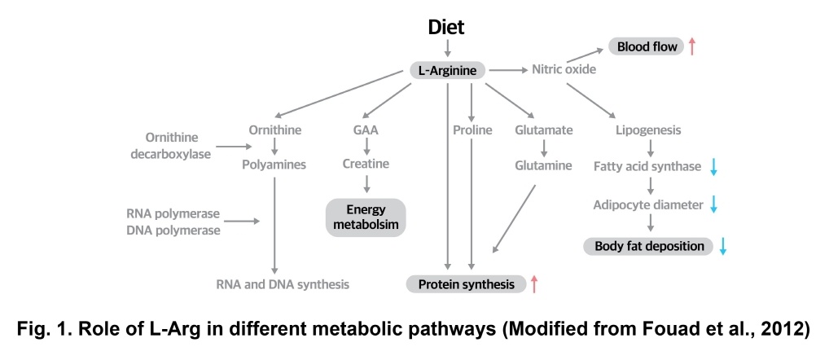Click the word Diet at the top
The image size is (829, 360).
point(446,27)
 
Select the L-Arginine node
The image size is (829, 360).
point(447,71)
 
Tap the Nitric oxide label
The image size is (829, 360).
point(564,69)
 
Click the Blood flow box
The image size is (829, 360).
point(647,46)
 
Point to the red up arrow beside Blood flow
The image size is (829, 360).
point(692,46)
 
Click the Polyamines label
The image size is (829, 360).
point(274,165)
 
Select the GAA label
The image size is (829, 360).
point(366,130)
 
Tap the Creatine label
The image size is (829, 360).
point(366,164)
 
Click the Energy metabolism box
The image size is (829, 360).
point(366,217)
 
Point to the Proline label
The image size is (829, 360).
point(472,130)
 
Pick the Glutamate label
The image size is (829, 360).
point(543,130)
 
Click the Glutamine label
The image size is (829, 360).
point(543,164)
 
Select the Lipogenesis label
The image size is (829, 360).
point(650,130)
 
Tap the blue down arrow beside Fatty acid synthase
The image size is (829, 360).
point(713,167)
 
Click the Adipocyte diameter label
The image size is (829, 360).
point(648,204)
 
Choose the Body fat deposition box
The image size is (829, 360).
point(648,246)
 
